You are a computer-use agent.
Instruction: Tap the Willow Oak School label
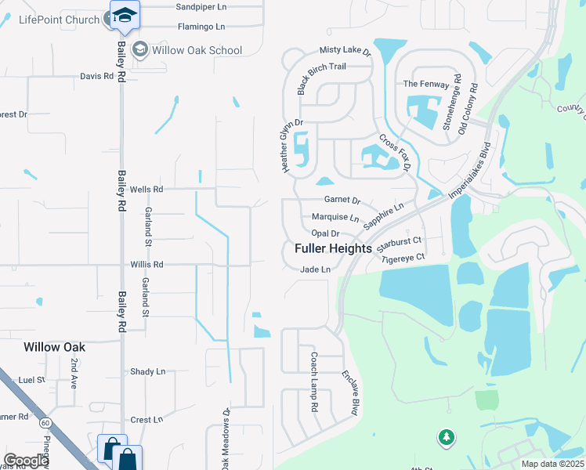tap(197, 50)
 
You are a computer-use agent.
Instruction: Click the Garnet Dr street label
tap(342, 201)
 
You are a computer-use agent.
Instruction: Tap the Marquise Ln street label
tap(335, 217)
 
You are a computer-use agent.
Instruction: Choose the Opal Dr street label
tap(325, 233)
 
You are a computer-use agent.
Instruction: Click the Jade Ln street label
tap(316, 269)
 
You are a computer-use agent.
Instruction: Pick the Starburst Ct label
tap(400, 240)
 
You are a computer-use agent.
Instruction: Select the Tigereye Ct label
tap(402, 257)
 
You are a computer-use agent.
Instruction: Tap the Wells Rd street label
tap(146, 189)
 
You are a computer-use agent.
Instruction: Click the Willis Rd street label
tap(146, 265)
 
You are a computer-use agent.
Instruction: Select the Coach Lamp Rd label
tap(313, 381)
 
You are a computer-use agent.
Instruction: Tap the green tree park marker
tap(447, 436)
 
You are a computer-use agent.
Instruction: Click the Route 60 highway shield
tap(46, 423)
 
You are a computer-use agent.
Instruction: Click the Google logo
tap(26, 461)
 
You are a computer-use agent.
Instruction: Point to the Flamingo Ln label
tap(201, 27)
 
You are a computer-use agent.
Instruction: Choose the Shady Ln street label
tap(148, 371)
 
